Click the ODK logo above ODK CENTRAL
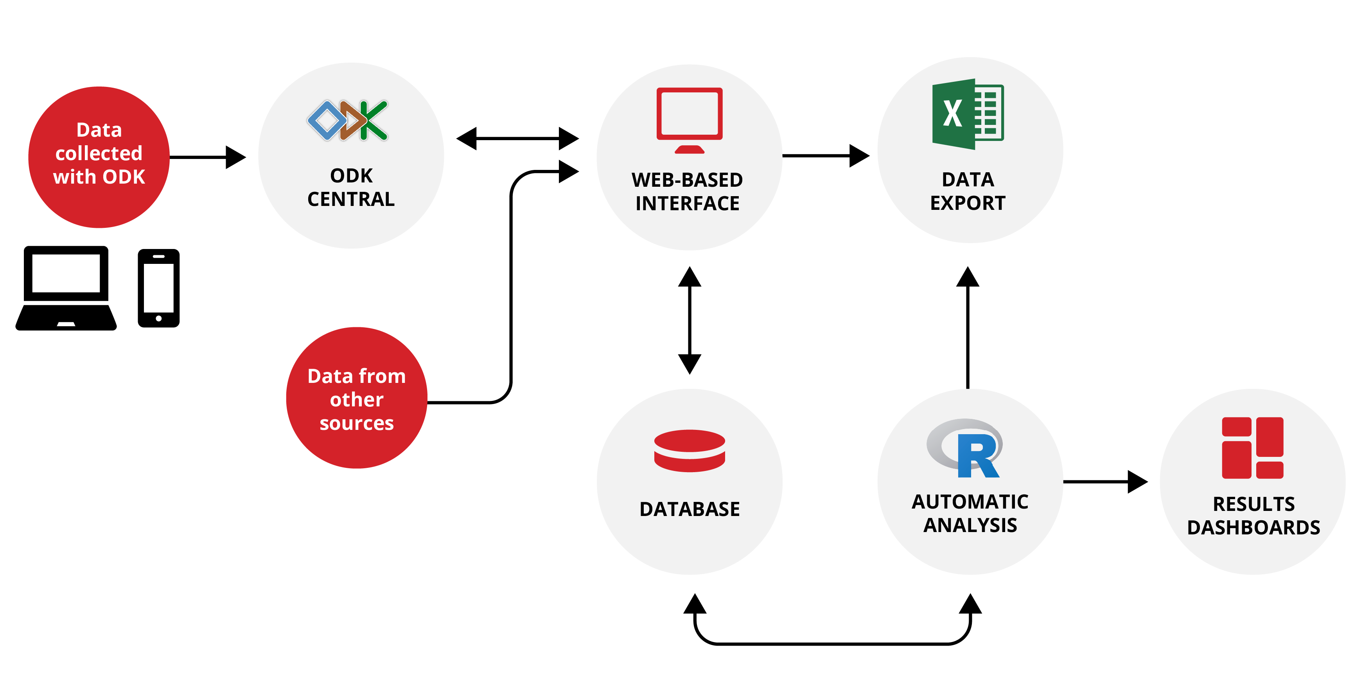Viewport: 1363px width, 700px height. tap(348, 120)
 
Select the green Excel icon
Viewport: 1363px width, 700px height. tap(967, 114)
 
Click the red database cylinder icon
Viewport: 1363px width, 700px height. tap(690, 451)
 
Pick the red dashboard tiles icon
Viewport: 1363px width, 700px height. tap(1252, 448)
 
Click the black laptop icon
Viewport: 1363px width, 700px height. tap(66, 289)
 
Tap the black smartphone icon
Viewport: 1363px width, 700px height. tap(159, 288)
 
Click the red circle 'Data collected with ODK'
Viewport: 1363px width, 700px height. tap(99, 157)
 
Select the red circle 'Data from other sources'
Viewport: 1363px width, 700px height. tap(357, 398)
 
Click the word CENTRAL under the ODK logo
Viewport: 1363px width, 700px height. tap(351, 200)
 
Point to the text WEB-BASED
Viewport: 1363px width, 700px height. tap(687, 180)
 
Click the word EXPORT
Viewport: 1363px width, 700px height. tap(967, 203)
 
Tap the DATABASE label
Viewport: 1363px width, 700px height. tap(690, 509)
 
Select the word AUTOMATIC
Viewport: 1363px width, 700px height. tap(970, 502)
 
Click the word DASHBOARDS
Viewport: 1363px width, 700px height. tap(1253, 528)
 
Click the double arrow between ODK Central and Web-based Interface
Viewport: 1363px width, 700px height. tap(517, 139)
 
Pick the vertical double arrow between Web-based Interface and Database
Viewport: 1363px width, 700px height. tap(690, 320)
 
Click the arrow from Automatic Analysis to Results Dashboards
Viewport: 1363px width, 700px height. tap(1105, 482)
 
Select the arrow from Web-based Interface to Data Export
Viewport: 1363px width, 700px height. tap(825, 156)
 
